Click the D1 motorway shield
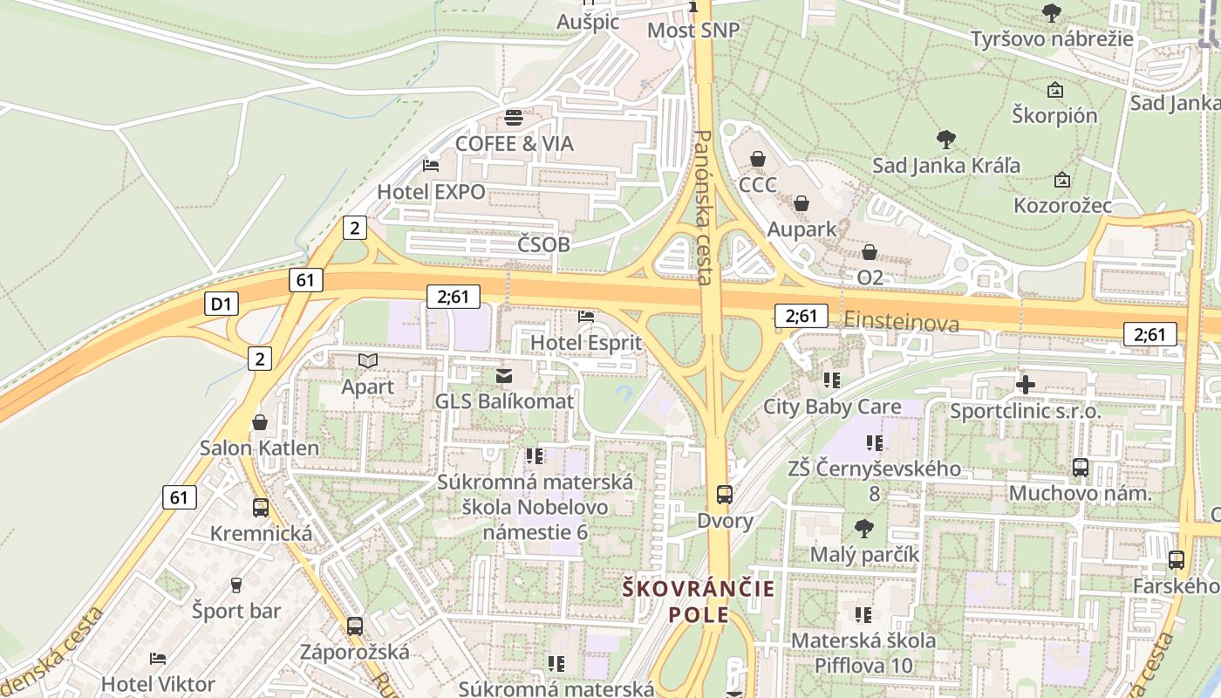(x=221, y=304)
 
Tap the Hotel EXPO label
(x=431, y=191)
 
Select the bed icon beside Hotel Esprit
(x=586, y=317)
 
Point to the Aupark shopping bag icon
(x=801, y=203)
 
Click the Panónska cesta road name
(x=705, y=208)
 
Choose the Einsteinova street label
(x=901, y=323)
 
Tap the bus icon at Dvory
(x=725, y=495)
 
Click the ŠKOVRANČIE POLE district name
(x=699, y=601)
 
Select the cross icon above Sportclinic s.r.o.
(x=1026, y=384)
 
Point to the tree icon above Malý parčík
(x=864, y=528)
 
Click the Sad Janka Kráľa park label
(x=946, y=165)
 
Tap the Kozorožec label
(x=1062, y=205)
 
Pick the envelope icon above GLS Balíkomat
(x=504, y=376)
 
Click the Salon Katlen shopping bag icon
(x=259, y=423)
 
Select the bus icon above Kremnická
(x=260, y=508)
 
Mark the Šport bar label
(x=236, y=610)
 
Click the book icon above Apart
(x=368, y=360)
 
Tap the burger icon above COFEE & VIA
(x=514, y=118)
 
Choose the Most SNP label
(x=693, y=31)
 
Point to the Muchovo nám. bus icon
(x=1081, y=468)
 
